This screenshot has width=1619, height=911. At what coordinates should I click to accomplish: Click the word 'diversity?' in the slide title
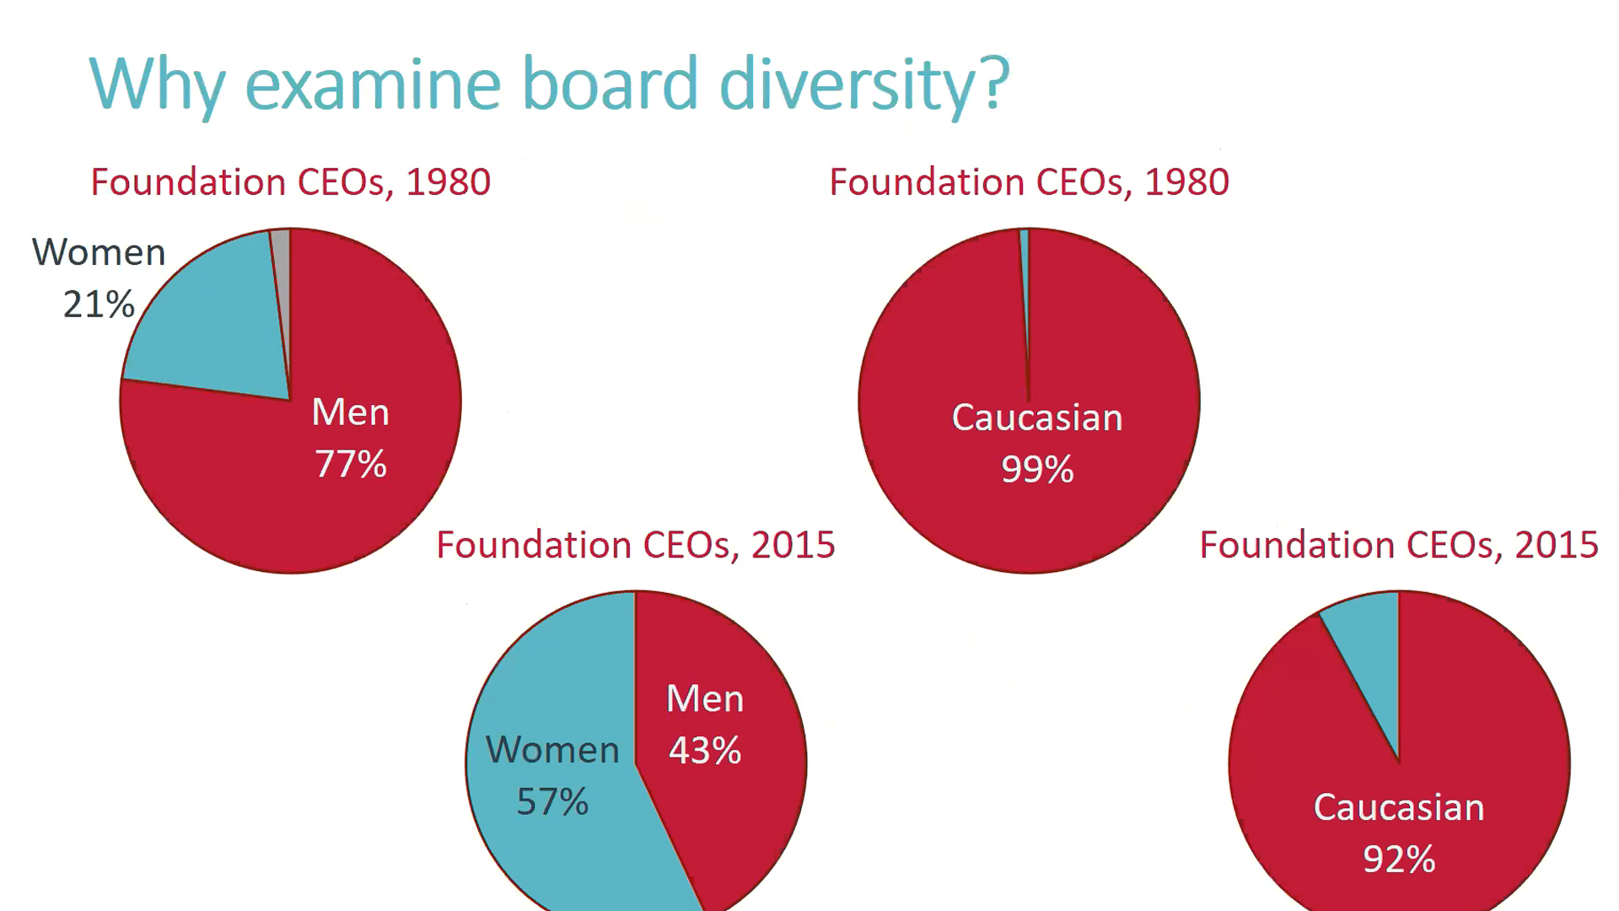pyautogui.click(x=864, y=84)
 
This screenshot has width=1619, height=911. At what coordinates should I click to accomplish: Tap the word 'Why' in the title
pyautogui.click(x=158, y=84)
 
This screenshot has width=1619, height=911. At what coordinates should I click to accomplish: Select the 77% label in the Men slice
pyautogui.click(x=351, y=464)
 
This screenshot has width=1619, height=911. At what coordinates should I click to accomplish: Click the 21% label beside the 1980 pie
pyautogui.click(x=99, y=304)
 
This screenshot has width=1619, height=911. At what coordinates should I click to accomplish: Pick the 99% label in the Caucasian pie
pyautogui.click(x=1037, y=469)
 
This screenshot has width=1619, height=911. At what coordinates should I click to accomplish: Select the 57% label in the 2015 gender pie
pyautogui.click(x=552, y=801)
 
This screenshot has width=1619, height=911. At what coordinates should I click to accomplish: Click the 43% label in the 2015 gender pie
pyautogui.click(x=705, y=750)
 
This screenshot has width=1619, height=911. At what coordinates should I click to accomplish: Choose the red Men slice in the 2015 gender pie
pyautogui.click(x=742, y=810)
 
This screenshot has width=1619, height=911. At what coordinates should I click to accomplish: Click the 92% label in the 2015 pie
pyautogui.click(x=1399, y=859)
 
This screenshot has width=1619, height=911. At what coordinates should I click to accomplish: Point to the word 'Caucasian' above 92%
pyautogui.click(x=1399, y=807)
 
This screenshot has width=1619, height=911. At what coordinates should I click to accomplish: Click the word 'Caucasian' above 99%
pyautogui.click(x=1037, y=418)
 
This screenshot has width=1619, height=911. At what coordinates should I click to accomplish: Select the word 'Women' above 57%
pyautogui.click(x=552, y=750)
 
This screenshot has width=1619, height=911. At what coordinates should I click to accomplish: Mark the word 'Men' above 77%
pyautogui.click(x=351, y=412)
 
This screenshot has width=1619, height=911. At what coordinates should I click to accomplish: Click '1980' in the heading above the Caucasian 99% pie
pyautogui.click(x=1186, y=182)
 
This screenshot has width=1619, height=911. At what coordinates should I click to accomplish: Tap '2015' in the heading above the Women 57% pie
pyautogui.click(x=793, y=545)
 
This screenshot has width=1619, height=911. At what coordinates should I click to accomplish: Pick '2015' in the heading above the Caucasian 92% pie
pyautogui.click(x=1557, y=545)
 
